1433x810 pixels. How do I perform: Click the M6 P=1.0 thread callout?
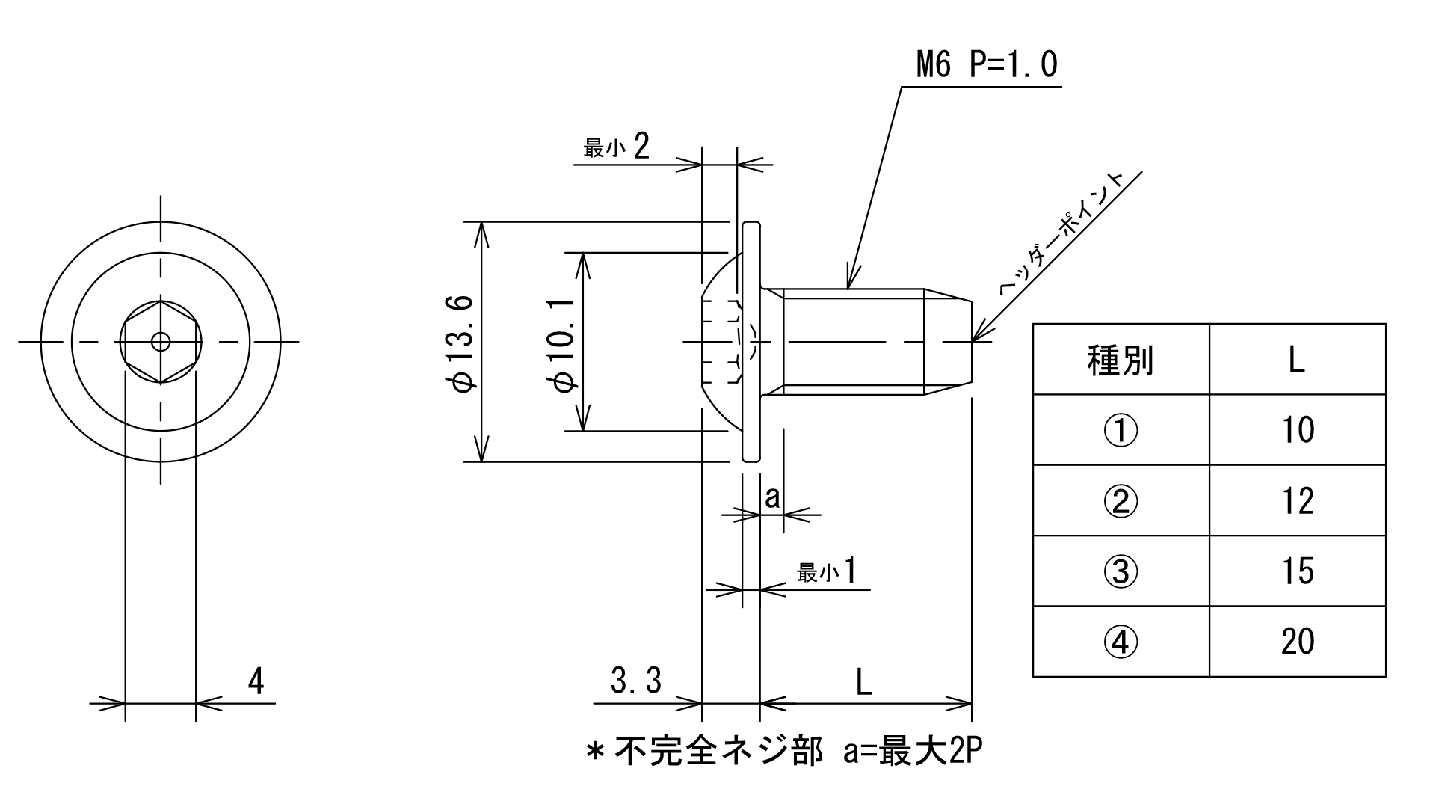(x=987, y=66)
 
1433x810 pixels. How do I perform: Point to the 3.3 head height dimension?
(x=636, y=681)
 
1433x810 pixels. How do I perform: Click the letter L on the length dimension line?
(x=863, y=681)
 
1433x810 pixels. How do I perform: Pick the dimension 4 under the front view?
(x=256, y=681)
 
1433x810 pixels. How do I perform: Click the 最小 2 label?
(x=617, y=146)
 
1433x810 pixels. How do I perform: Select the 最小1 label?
(x=826, y=572)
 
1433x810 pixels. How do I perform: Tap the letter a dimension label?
(x=772, y=497)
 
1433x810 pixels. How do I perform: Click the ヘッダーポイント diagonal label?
(x=1062, y=233)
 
